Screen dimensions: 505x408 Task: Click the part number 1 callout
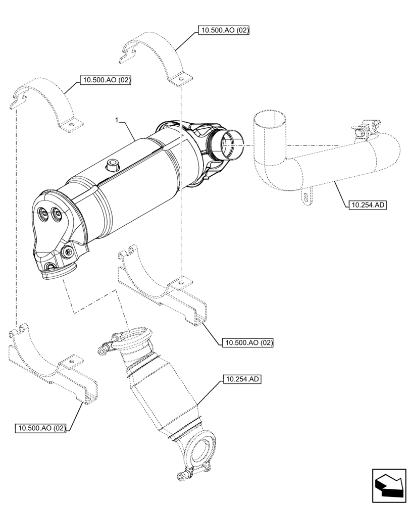coord(117,121)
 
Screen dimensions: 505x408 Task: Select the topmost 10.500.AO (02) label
coord(225,30)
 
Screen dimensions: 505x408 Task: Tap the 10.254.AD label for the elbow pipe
coord(367,205)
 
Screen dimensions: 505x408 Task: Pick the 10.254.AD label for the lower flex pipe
coord(240,379)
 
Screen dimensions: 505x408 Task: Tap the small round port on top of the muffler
coord(111,164)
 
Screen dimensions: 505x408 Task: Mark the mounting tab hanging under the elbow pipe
coord(305,197)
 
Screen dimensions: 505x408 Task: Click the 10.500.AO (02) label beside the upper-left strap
coord(105,80)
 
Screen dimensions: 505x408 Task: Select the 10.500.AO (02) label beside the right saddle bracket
coord(247,343)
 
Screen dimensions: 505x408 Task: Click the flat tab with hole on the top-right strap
coord(180,79)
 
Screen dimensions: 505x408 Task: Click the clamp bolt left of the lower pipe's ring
coord(105,347)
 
